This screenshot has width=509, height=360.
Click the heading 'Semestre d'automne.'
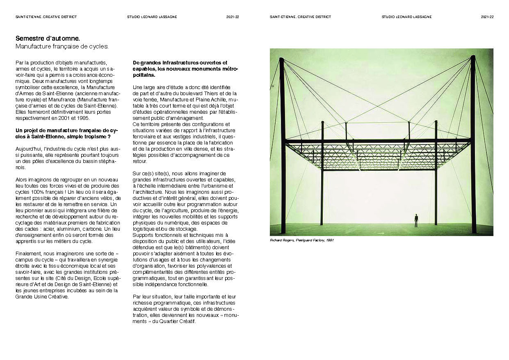[x=48, y=39]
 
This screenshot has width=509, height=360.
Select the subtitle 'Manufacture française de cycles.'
[x=62, y=46]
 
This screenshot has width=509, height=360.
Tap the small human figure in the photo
[x=416, y=220]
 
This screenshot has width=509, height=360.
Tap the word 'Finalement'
[x=29, y=253]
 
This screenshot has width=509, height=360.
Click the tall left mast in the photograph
[x=282, y=144]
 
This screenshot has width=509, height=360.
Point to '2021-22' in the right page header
[x=487, y=17]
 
